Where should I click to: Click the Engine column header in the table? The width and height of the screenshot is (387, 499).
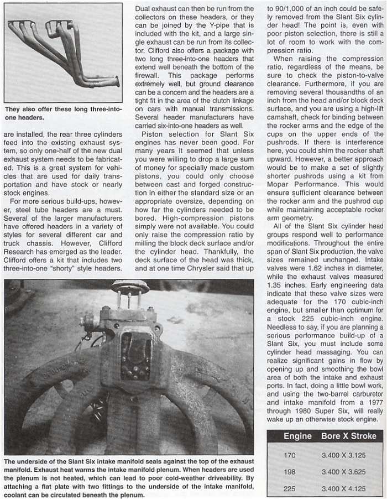(x=297, y=436)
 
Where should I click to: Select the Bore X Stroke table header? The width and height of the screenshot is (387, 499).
(x=349, y=436)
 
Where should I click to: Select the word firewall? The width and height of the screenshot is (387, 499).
(x=148, y=75)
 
